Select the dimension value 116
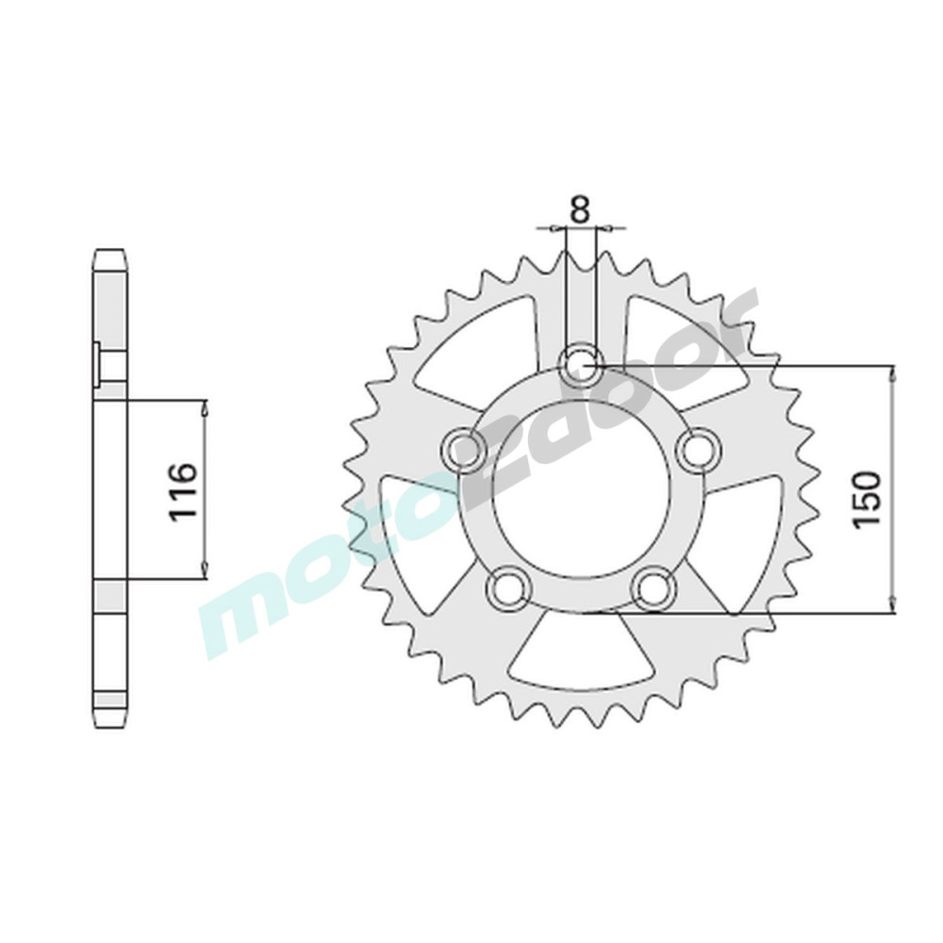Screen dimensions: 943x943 point(182,491)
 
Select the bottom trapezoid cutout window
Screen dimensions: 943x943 point(581,652)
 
